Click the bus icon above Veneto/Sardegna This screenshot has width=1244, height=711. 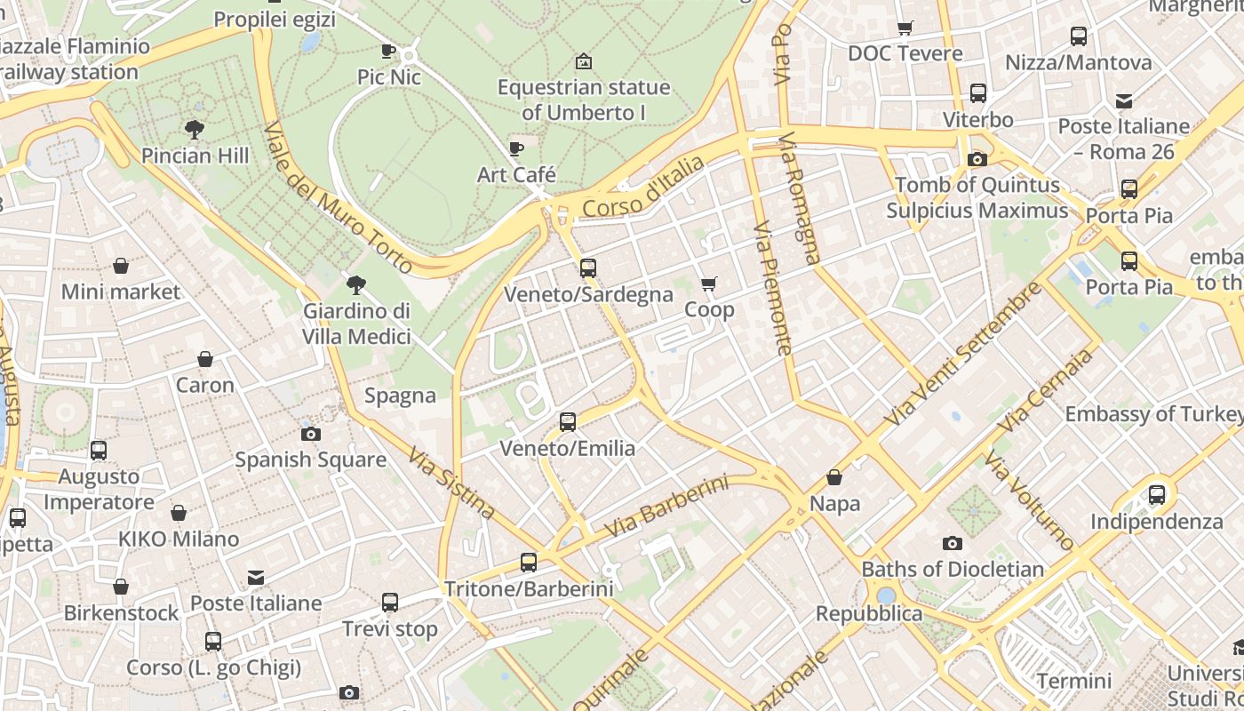click(587, 268)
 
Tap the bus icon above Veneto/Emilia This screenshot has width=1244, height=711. click(568, 422)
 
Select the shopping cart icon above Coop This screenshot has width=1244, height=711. click(708, 284)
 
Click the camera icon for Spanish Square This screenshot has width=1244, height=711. click(310, 434)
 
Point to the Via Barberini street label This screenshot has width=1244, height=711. click(666, 507)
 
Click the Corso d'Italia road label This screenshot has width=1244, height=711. click(643, 188)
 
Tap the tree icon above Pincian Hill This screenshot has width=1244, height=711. click(195, 130)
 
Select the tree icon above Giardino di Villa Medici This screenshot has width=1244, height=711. click(356, 285)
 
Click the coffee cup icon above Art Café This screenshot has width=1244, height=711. click(516, 148)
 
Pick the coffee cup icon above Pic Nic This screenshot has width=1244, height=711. click(388, 51)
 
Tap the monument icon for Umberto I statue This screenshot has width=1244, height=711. click(584, 61)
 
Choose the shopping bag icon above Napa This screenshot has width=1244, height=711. click(834, 477)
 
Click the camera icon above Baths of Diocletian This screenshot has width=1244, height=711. click(952, 543)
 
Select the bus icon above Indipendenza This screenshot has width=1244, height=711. click(1156, 495)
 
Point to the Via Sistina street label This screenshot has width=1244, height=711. click(451, 483)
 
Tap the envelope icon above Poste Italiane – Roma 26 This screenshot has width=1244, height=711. click(1124, 100)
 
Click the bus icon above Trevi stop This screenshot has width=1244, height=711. click(390, 603)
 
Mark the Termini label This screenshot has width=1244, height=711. click(1073, 681)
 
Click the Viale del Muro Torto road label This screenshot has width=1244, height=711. click(338, 197)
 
